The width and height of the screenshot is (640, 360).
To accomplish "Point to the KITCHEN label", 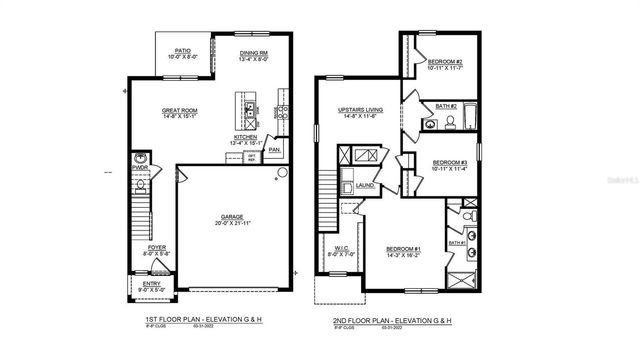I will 246,137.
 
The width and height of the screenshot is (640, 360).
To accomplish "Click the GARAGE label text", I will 232,216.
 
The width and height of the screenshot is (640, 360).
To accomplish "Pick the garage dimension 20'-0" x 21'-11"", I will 232,224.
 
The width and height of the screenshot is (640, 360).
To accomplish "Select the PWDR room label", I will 140,169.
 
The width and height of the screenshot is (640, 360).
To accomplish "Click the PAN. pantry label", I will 274,151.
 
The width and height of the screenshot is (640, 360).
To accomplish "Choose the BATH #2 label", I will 446,106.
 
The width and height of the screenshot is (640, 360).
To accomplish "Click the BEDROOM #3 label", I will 450,162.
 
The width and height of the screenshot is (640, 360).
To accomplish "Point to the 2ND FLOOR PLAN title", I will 391,320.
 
